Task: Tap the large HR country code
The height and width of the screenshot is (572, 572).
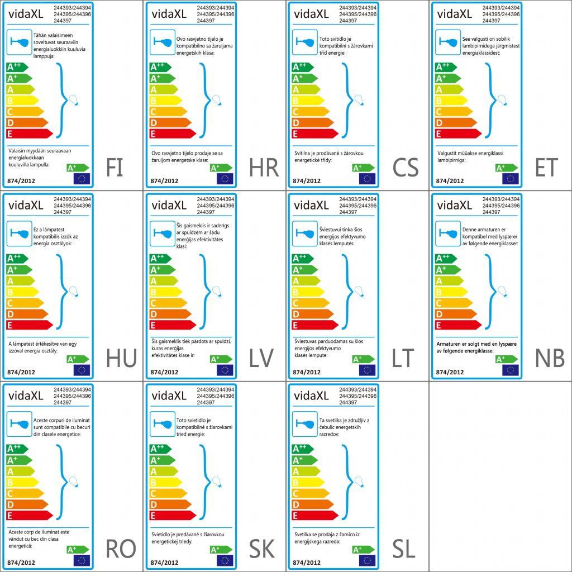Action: [x=264, y=167]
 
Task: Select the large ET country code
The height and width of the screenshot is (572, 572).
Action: [x=546, y=167]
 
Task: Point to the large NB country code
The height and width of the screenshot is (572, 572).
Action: [x=550, y=358]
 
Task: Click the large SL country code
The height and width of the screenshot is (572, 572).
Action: [x=404, y=549]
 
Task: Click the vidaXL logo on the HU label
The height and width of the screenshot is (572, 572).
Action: [x=26, y=206]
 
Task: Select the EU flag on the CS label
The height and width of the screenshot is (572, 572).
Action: [x=367, y=179]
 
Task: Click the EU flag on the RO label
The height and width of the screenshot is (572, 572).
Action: [x=82, y=560]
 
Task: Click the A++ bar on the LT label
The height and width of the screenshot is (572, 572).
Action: [x=302, y=258]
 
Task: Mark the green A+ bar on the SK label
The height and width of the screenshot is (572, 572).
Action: [x=163, y=460]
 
